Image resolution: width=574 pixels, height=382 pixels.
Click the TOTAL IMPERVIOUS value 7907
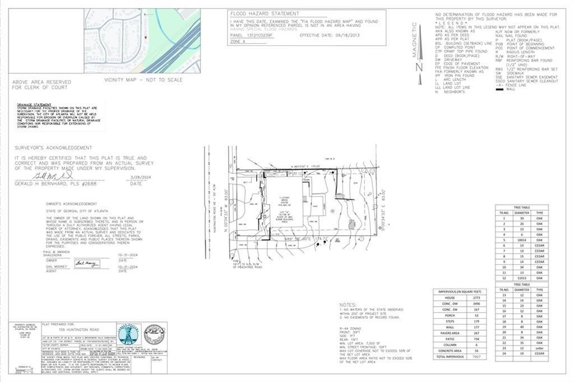coord(476,356)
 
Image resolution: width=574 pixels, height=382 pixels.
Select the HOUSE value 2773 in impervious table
coord(476,298)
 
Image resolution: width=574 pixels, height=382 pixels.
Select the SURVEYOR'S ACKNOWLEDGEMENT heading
coord(54,148)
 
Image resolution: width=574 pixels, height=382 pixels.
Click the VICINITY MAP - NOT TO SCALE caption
coord(143,80)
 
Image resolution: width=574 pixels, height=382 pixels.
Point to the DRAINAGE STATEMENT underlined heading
coord(34,104)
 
